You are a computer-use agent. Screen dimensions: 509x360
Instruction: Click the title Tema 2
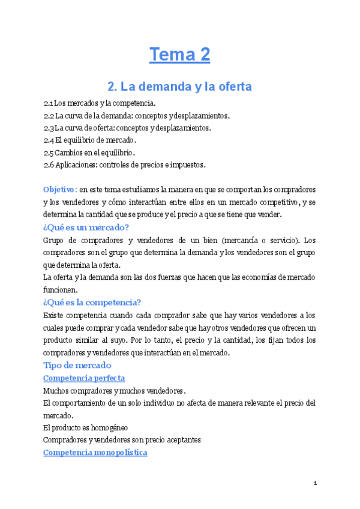point(180,55)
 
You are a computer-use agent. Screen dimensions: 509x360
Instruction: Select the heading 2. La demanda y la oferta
point(179,86)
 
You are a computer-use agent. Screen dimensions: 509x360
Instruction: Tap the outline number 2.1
point(49,103)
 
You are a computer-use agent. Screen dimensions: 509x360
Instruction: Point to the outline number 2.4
point(49,140)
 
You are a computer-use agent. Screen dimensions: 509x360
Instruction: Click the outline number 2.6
point(49,164)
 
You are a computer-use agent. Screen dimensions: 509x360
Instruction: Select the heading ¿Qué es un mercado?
point(86,227)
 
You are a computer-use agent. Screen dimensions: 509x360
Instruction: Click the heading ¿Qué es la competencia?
point(92,303)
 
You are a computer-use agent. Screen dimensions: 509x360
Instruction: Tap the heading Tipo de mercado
point(77,365)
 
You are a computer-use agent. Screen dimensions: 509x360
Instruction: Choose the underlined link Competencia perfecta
point(84,378)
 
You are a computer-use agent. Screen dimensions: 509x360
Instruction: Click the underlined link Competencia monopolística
point(95,453)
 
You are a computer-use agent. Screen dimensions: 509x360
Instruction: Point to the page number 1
point(315,483)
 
